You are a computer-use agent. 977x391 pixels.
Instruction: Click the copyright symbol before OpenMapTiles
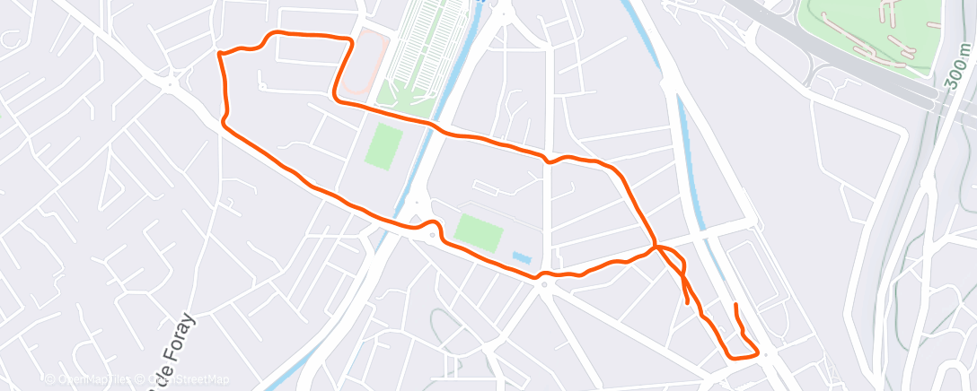[x=50, y=380]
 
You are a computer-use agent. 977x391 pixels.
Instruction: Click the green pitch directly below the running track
[x=383, y=145]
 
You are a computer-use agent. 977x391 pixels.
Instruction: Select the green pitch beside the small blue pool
[x=478, y=232]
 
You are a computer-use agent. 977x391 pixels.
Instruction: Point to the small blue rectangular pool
[x=521, y=257]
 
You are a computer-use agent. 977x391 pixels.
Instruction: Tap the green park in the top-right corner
[x=876, y=36]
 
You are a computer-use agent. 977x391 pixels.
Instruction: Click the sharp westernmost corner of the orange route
[x=218, y=54]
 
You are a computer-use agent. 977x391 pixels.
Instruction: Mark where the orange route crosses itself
[x=658, y=247]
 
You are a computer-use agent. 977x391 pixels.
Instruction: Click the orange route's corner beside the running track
[x=350, y=39]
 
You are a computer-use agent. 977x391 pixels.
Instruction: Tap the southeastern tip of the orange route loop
[x=758, y=352]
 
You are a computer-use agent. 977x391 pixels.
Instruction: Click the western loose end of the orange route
[x=689, y=303]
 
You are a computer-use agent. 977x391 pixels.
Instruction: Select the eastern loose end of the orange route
[x=736, y=306]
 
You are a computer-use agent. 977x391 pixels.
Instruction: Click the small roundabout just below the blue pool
[x=544, y=284]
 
